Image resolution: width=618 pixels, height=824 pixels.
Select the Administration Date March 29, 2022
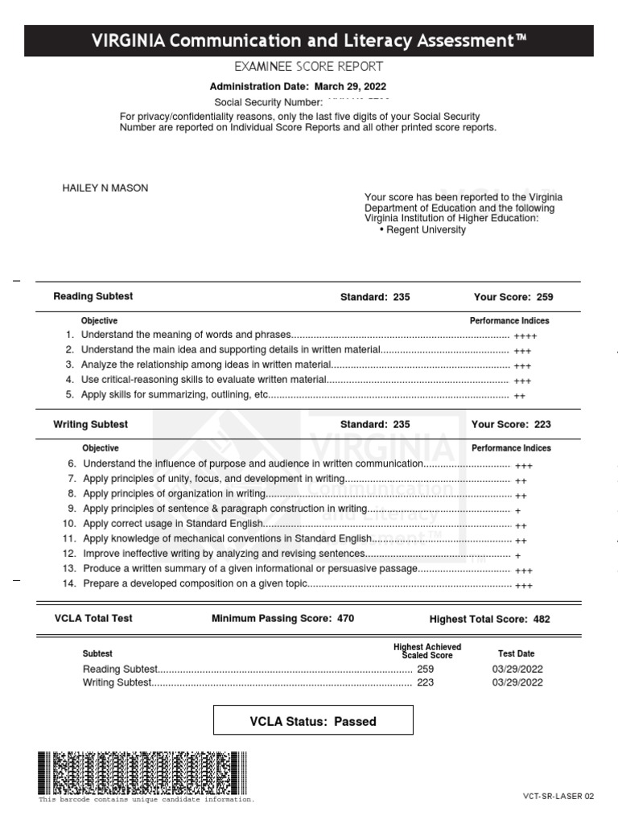[298, 87]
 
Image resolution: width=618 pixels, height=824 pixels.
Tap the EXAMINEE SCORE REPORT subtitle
[308, 67]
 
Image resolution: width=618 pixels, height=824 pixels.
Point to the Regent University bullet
[422, 229]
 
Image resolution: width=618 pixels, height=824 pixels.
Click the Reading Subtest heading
[93, 296]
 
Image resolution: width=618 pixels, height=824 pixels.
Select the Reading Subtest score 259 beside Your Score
[544, 297]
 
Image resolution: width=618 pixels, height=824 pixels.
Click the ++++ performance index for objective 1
[525, 336]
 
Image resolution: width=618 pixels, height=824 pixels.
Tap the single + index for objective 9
[517, 510]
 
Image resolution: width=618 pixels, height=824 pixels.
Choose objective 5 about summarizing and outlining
[175, 395]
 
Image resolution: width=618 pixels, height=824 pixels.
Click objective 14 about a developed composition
[195, 583]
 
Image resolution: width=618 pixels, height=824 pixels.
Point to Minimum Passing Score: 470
[282, 619]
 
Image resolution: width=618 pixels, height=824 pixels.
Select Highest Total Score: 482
[490, 619]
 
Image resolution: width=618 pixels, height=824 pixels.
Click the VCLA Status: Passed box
[313, 721]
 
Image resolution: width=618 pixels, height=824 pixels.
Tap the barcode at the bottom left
[142, 772]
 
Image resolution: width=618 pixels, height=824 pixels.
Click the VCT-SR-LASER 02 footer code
[558, 796]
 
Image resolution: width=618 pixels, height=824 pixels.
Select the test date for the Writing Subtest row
[517, 683]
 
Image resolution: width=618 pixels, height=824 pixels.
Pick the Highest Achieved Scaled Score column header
[426, 651]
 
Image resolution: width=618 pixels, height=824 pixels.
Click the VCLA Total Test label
[93, 618]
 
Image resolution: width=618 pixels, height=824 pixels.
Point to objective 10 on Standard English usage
[173, 524]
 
